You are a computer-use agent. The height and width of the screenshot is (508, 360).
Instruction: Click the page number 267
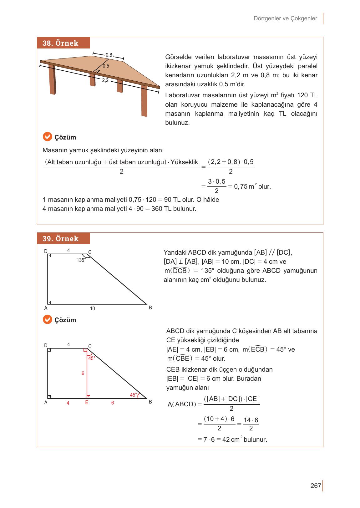(x=316, y=485)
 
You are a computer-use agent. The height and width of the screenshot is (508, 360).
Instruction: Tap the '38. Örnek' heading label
(x=60, y=43)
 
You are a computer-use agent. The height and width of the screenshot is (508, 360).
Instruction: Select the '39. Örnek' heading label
(x=60, y=239)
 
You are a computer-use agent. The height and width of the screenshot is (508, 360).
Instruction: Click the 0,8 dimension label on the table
(x=109, y=55)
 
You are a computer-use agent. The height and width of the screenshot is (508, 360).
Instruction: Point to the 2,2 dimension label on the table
(x=105, y=80)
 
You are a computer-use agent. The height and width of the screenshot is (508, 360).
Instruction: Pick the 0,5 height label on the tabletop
(x=106, y=66)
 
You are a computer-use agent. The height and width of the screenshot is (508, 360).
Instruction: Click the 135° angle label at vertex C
(x=81, y=260)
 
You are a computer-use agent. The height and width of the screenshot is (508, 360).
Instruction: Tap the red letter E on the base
(x=87, y=402)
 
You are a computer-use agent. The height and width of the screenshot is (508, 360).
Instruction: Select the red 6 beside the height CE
(x=83, y=373)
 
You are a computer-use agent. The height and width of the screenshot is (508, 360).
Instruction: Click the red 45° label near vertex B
(x=134, y=395)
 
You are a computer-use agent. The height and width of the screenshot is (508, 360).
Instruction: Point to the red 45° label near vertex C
(x=92, y=358)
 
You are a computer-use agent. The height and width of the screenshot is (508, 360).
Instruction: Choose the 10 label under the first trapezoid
(x=92, y=309)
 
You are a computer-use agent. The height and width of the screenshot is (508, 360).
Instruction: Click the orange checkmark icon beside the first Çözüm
(x=47, y=137)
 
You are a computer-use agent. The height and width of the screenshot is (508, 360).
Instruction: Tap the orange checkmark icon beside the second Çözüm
(x=47, y=319)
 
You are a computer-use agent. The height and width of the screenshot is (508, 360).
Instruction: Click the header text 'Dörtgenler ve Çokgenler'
(x=285, y=18)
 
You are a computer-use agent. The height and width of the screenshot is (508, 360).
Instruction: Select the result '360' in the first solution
(x=156, y=209)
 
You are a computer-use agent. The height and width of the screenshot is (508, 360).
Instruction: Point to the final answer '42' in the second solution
(x=226, y=439)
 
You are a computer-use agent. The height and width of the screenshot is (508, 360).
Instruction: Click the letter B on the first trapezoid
(x=150, y=308)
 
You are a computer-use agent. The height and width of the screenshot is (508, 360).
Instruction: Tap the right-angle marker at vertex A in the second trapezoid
(x=49, y=397)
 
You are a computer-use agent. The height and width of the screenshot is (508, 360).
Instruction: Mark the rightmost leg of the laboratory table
(x=144, y=103)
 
